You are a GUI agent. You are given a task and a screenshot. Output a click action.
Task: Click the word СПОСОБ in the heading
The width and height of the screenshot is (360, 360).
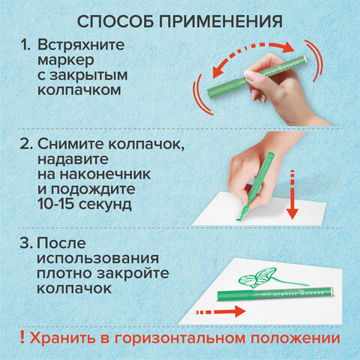[115, 22]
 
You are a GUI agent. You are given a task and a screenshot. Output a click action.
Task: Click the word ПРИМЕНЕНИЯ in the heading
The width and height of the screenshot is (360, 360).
[220, 22]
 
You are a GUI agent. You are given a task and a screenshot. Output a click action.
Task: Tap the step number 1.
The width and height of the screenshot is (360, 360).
[25, 45]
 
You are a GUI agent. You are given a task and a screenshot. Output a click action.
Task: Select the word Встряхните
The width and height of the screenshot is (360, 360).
[81, 45]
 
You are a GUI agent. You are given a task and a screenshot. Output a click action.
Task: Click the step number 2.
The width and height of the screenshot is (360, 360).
[26, 144]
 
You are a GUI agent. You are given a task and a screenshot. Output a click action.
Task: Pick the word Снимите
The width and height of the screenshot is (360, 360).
[70, 144]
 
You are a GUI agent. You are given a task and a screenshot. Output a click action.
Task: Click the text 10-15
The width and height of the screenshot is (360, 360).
[55, 204]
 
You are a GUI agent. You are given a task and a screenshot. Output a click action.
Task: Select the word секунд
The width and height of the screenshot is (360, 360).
[105, 204]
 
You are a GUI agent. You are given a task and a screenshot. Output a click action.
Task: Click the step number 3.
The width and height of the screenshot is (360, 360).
[26, 243]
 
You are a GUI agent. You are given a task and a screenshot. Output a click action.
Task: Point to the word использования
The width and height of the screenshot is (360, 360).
[97, 258]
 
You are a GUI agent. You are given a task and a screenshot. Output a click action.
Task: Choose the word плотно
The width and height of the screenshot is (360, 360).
[64, 273]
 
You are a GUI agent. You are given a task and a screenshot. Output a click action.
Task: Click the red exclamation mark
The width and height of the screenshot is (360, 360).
[22, 337]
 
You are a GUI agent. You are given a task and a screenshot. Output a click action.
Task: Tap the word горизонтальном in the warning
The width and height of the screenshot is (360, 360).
[180, 339]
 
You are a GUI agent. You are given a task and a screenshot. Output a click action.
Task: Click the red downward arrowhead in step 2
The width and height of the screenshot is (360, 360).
[292, 214]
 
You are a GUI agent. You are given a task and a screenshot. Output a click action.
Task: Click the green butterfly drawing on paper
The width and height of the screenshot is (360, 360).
[257, 277]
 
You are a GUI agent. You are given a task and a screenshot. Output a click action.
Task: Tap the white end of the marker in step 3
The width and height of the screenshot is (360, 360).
[331, 291]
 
